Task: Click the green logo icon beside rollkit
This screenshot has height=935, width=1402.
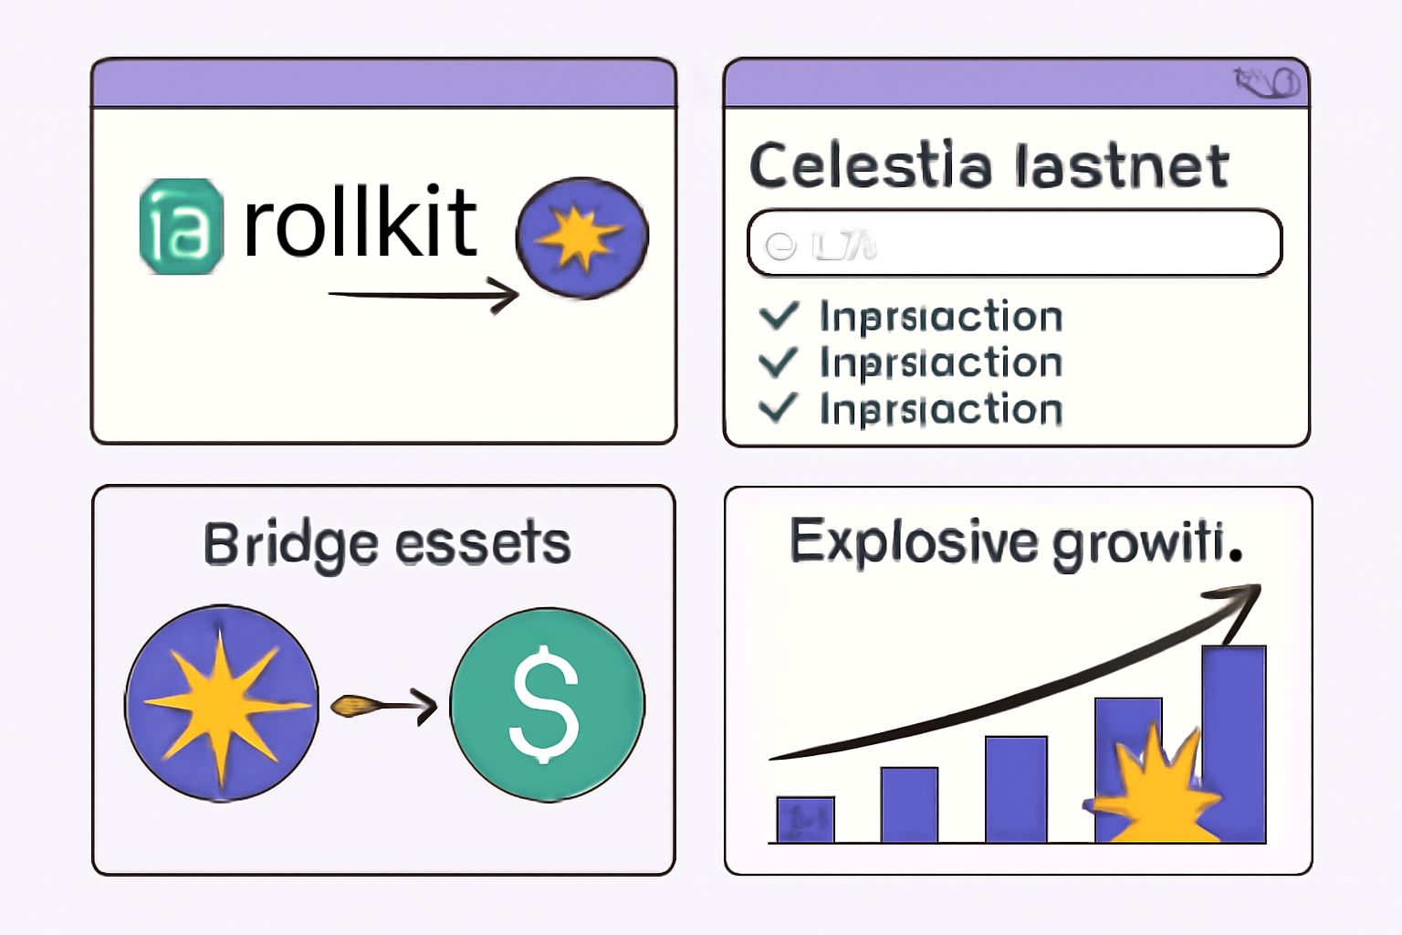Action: click(181, 226)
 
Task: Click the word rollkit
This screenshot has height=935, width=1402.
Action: click(360, 223)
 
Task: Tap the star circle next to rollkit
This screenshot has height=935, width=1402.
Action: click(582, 237)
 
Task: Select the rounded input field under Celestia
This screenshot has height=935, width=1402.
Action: click(1014, 243)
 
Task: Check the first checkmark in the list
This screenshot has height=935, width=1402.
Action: click(779, 316)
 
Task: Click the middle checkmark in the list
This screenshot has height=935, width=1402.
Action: click(779, 362)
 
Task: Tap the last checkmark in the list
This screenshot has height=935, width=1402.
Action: click(779, 408)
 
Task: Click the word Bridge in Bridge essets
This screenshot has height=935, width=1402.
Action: click(290, 545)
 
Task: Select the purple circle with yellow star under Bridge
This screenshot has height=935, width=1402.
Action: click(222, 703)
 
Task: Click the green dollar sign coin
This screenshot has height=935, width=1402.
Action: click(547, 704)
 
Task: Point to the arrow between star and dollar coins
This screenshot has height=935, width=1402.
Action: click(384, 705)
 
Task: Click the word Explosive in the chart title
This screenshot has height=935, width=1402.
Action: click(913, 541)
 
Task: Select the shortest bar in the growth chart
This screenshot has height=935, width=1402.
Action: click(805, 820)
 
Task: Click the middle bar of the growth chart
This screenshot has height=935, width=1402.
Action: click(1016, 790)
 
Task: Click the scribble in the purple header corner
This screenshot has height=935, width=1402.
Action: click(1268, 82)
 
